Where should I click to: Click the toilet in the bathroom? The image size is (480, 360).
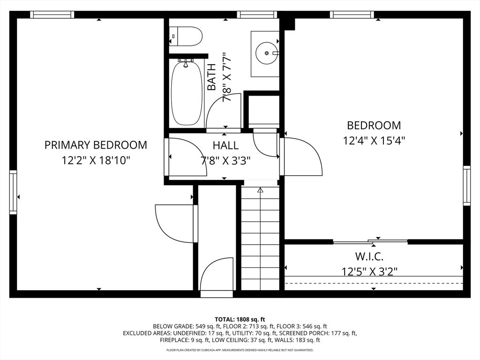[186, 36]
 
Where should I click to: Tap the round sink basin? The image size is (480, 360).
[267, 53]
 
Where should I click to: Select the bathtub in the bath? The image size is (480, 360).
[187, 93]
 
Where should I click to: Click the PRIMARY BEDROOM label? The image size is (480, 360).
[96, 145]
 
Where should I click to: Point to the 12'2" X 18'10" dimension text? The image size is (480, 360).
[96, 160]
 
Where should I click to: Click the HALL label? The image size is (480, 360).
[225, 145]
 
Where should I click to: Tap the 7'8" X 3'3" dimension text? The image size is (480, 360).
[225, 160]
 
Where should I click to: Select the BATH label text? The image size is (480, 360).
[211, 77]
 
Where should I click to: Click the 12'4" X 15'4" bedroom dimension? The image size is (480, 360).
[374, 141]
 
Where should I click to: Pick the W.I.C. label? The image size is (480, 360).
[369, 256]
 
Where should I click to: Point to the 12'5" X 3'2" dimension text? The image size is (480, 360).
[369, 271]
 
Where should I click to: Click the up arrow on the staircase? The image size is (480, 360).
[260, 190]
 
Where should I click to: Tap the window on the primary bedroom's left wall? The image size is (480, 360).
[13, 192]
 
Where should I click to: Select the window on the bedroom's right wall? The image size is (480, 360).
[466, 186]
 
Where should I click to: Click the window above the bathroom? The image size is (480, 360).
[256, 15]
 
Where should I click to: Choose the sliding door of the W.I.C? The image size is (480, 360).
[370, 242]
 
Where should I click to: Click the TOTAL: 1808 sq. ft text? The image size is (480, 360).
[240, 320]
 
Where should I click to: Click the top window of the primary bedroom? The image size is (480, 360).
[52, 15]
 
